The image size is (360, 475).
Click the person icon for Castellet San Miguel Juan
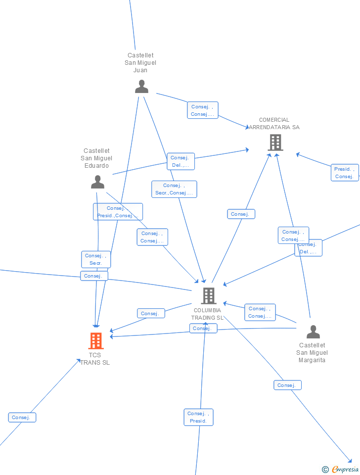click(x=141, y=87)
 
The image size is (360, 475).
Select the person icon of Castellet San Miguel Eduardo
click(x=97, y=182)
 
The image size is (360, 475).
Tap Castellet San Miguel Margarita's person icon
click(x=313, y=332)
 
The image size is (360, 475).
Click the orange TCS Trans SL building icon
click(x=95, y=340)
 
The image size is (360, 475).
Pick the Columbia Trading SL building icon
click(x=209, y=296)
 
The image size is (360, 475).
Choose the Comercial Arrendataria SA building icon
click(x=275, y=142)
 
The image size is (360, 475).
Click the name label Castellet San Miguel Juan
click(x=140, y=63)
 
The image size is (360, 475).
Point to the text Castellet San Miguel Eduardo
click(x=96, y=158)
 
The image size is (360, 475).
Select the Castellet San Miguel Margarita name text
click(x=312, y=353)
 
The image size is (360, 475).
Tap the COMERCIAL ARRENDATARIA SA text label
click(x=274, y=124)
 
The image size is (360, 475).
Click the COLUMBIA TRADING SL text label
click(x=208, y=314)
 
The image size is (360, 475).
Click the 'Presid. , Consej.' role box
click(x=344, y=173)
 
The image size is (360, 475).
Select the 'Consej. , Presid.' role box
click(x=198, y=417)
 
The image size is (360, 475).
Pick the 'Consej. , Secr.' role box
click(x=96, y=259)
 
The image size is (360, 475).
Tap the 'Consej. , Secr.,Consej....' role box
click(x=174, y=189)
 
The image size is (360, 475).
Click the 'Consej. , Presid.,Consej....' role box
click(x=118, y=212)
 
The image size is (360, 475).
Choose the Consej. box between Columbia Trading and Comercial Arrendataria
click(x=241, y=214)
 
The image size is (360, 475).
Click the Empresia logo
click(x=345, y=469)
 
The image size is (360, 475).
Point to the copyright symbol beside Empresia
click(x=325, y=470)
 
